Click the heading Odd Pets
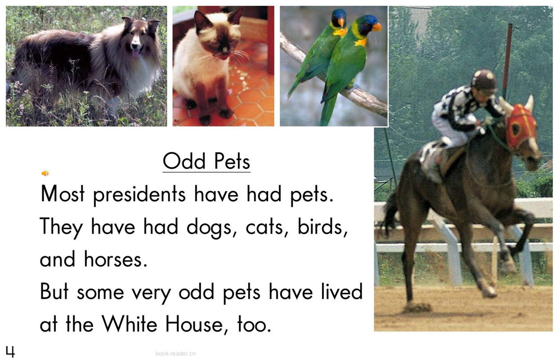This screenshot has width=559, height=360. tap(206, 161)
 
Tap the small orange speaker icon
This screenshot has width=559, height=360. tap(45, 173)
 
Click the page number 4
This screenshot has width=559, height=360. tap(10, 351)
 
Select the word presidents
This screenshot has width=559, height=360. tap(139, 195)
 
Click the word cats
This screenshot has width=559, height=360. tap(267, 228)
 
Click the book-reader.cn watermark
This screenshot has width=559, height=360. tap(175, 354)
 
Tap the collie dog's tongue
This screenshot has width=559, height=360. tap(134, 54)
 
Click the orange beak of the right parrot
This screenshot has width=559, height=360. tap(376, 27)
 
